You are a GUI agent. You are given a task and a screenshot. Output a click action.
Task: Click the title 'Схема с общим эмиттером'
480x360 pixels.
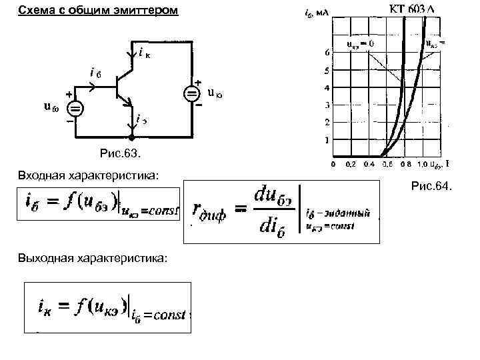tap(98, 11)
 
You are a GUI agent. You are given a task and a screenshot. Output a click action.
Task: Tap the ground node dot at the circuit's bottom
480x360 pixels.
tap(131, 138)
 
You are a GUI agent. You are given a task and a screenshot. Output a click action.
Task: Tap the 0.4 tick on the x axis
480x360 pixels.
tap(369, 163)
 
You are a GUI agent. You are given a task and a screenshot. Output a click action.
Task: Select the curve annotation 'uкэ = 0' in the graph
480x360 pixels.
tap(360, 44)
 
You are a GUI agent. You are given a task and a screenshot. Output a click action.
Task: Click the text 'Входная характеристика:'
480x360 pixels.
tap(89, 175)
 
